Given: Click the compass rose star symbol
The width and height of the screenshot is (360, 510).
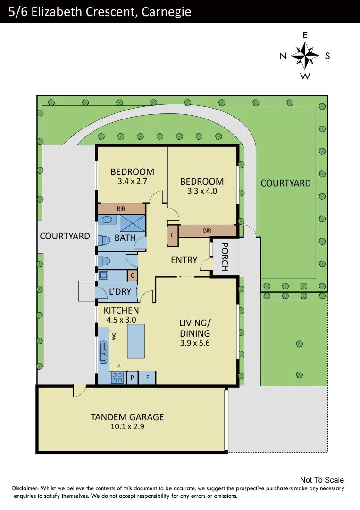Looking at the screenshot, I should (x=305, y=56).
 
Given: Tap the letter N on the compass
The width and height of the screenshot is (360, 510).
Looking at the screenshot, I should (x=283, y=56).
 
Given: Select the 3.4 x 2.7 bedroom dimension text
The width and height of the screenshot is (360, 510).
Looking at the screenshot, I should (x=132, y=180).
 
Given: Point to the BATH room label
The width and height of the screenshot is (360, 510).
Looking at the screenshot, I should (x=125, y=238).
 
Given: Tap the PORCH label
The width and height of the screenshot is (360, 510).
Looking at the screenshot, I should (x=225, y=257).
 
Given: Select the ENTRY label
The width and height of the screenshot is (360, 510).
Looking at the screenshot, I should (x=184, y=260).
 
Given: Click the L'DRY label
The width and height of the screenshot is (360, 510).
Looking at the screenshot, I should (x=120, y=292).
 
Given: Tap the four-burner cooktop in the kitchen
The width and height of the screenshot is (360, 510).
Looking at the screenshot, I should (x=117, y=378).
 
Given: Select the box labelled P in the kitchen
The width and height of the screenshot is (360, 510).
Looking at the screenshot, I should (x=132, y=378).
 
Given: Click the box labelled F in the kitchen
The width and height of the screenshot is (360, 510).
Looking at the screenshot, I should (x=147, y=378).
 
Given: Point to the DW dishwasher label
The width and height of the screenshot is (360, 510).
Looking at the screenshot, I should (x=113, y=337).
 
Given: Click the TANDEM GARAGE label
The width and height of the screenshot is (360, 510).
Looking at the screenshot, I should (x=127, y=417).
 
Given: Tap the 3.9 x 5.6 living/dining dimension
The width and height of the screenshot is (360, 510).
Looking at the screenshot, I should (x=194, y=343).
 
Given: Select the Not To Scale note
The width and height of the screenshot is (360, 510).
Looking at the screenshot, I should (x=322, y=480).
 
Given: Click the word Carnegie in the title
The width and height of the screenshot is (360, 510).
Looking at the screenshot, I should (x=163, y=11).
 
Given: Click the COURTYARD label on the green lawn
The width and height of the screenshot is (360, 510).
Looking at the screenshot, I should (x=285, y=183).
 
